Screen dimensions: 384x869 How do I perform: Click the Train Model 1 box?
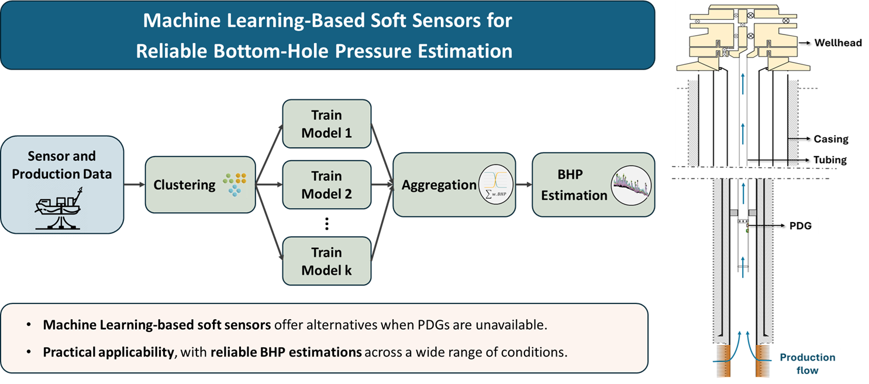[326, 124]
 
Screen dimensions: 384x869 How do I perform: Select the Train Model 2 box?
[326, 185]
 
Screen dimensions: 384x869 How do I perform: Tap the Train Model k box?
[326, 261]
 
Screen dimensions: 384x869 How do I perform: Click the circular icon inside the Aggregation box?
[496, 185]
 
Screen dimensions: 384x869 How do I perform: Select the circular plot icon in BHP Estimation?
[631, 185]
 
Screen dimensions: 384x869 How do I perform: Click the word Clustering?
[184, 185]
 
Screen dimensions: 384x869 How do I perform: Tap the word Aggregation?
[439, 185]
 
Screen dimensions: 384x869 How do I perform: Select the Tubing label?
[830, 160]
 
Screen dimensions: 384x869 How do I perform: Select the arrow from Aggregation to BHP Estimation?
[523, 185]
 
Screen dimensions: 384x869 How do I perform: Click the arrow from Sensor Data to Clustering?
[134, 185]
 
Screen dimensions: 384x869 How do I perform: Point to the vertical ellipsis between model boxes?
[326, 224]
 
